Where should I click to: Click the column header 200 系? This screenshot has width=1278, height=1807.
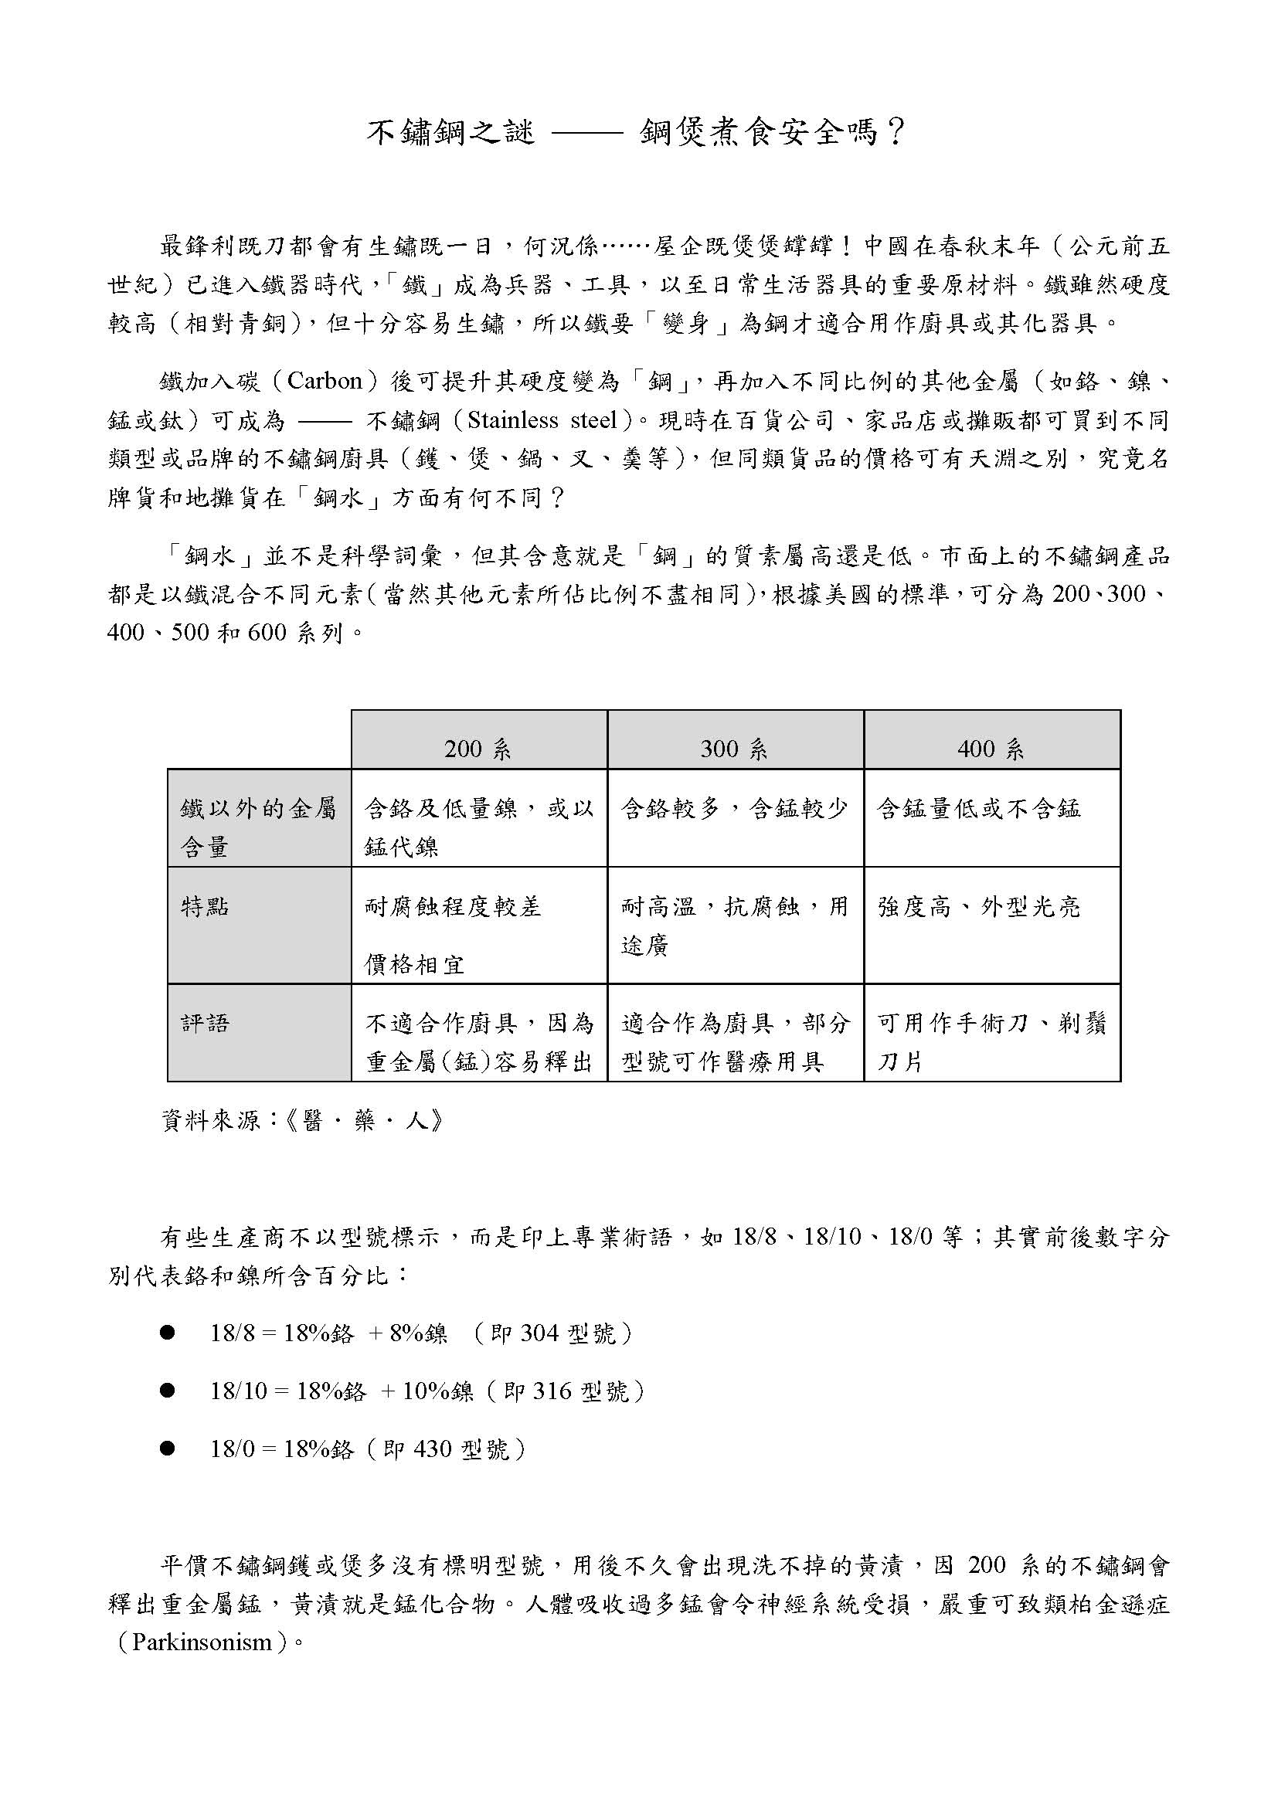point(478,749)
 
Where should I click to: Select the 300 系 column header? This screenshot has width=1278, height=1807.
point(734,749)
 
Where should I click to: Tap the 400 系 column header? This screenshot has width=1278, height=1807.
point(991,749)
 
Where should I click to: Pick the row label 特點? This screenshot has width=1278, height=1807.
point(206,908)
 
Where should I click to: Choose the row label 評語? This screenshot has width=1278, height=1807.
point(206,1024)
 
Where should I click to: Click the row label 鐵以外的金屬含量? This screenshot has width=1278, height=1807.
point(258,827)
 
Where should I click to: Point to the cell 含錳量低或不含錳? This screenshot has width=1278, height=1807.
point(979,809)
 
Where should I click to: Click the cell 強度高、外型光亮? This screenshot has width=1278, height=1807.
point(979,908)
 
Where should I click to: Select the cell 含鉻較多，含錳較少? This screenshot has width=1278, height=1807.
point(734,809)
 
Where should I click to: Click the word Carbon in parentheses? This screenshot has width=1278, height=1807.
point(325,382)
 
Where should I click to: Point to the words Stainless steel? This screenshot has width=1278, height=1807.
point(542,421)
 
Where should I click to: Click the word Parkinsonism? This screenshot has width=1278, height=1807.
point(202,1642)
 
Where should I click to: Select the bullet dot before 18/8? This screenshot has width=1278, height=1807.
point(167,1333)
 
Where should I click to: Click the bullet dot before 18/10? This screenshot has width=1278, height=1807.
point(167,1391)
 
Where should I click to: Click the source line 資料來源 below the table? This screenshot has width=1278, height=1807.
point(303,1121)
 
